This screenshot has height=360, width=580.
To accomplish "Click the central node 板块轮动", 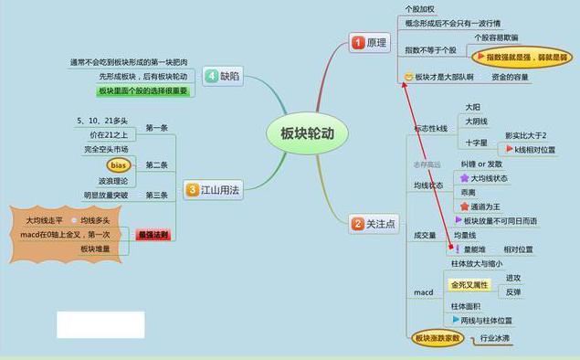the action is [301, 132].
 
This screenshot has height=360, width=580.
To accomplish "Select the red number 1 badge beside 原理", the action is [358, 43].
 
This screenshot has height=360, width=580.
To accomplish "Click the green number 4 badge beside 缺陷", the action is [211, 77].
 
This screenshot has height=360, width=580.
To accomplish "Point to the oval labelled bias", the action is [118, 165].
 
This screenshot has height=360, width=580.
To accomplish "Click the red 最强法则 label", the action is [153, 235].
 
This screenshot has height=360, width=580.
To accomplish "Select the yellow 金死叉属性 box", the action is [470, 285].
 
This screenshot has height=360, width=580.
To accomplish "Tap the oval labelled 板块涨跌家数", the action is [438, 339].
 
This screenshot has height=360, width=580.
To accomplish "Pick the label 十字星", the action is [476, 143].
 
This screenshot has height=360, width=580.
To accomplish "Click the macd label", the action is [423, 292].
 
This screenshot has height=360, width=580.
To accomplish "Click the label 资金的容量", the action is [510, 78].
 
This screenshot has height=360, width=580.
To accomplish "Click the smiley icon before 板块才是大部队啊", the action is [409, 78].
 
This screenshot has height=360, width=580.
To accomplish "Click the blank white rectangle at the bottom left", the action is [100, 324].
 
